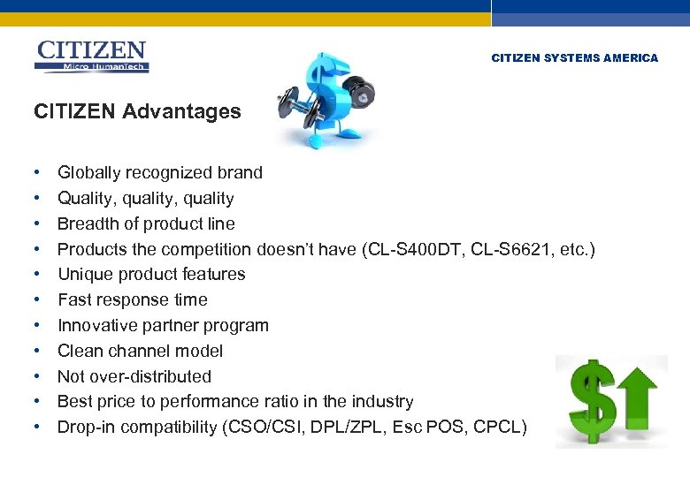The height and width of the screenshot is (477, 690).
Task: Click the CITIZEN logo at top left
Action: (91, 56)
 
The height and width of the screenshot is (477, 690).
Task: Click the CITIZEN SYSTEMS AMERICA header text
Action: (574, 58)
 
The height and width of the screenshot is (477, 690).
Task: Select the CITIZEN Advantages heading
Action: (137, 111)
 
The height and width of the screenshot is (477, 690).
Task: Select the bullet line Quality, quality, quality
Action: (145, 199)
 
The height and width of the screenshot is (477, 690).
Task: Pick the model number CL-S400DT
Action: (411, 250)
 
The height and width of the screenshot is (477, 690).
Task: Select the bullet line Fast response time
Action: (132, 300)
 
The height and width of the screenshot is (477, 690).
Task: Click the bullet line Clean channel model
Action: (140, 351)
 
